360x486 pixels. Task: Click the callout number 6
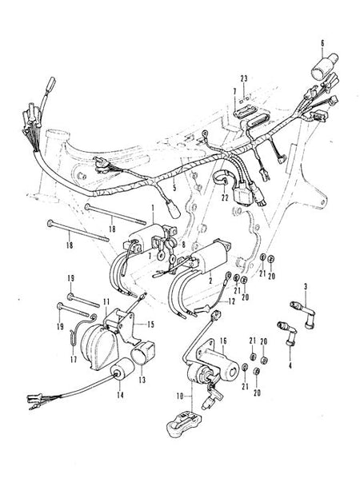322,43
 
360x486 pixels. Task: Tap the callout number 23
244,78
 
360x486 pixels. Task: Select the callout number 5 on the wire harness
174,188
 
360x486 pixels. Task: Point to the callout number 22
225,197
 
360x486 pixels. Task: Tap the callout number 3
306,287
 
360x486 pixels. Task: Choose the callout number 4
290,365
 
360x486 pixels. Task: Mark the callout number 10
180,396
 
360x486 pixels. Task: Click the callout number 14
120,395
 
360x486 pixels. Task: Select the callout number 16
223,341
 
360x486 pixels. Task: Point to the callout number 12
232,301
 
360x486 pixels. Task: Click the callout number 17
73,361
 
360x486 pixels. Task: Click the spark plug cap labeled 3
302,314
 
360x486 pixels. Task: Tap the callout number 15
150,325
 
